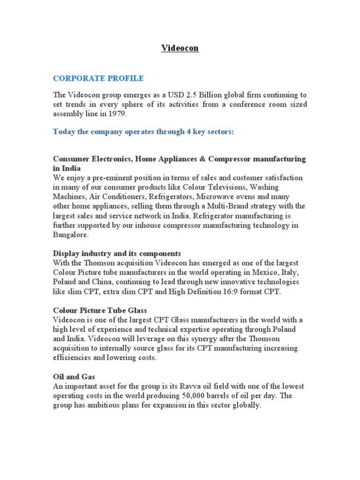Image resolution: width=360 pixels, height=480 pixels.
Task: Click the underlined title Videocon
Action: point(180,48)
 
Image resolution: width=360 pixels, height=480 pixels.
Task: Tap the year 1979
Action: point(117,113)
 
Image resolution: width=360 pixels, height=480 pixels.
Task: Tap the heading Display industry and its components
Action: point(117,254)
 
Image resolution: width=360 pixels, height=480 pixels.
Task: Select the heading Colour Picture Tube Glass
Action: point(100,310)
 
